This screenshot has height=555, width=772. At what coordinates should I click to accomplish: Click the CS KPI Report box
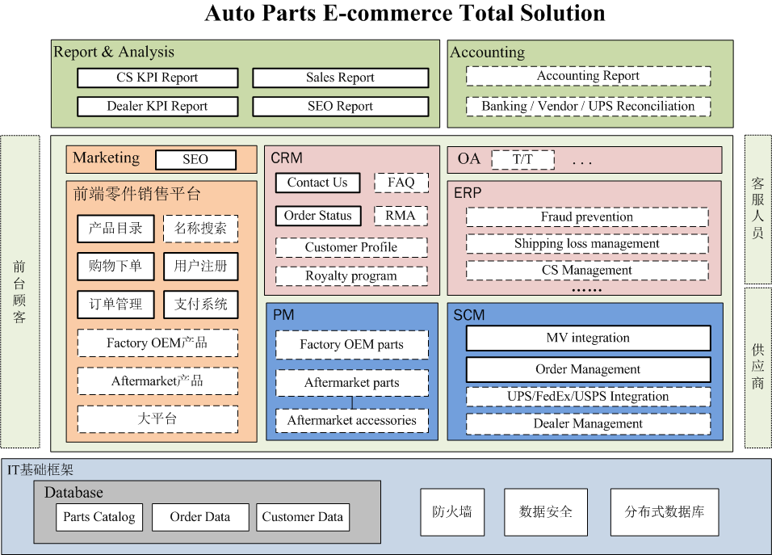[x=157, y=78]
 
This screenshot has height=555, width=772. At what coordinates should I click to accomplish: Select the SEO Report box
[x=340, y=106]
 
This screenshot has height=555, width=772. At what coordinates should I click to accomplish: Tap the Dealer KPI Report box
[x=157, y=106]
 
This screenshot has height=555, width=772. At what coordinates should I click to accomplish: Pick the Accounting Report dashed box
[x=588, y=76]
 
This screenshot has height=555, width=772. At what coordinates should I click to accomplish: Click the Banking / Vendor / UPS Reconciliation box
[x=588, y=106]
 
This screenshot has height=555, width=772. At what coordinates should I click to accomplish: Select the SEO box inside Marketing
[x=195, y=159]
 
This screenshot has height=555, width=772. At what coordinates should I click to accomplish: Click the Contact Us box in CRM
[x=317, y=183]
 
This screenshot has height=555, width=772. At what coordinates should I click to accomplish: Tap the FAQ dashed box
[x=401, y=183]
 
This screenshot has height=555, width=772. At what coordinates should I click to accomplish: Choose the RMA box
[x=401, y=215]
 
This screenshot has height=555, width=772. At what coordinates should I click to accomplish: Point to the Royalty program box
[x=351, y=275]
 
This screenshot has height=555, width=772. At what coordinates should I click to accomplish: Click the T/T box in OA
[x=522, y=159]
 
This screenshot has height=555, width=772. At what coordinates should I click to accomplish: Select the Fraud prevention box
[x=587, y=217]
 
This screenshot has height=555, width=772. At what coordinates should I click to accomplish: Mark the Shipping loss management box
[x=587, y=243]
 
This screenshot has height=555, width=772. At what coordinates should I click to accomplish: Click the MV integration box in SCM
[x=589, y=338]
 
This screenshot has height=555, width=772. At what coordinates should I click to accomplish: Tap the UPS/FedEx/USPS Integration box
[x=589, y=397]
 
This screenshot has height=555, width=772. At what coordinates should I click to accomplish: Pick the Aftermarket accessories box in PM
[x=352, y=420]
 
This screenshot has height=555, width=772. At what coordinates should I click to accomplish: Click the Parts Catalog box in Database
[x=99, y=517]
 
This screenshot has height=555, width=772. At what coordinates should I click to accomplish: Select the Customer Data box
[x=303, y=517]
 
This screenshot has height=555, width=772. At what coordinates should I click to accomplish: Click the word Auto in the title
[x=233, y=14]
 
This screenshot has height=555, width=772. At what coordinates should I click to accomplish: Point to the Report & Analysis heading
[x=114, y=52]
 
